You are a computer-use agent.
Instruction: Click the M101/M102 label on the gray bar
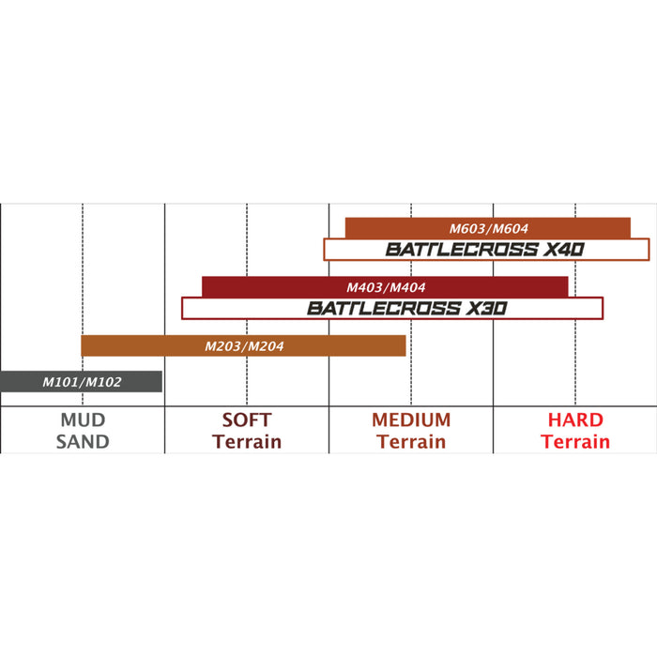(82, 382)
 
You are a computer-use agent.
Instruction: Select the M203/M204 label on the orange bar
(244, 346)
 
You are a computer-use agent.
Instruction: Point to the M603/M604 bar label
(489, 228)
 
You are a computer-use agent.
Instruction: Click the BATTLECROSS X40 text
(485, 250)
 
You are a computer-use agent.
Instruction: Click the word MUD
(83, 420)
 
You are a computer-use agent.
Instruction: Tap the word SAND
(83, 441)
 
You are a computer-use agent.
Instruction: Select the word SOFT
(247, 420)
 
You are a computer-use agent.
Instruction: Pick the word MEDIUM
(411, 420)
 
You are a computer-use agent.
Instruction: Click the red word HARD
(575, 420)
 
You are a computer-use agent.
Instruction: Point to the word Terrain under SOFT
(247, 441)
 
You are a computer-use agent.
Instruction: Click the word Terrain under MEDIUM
(411, 441)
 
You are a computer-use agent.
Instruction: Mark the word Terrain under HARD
(575, 441)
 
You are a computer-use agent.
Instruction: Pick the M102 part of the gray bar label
(102, 382)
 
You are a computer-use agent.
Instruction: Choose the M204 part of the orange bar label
(266, 346)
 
